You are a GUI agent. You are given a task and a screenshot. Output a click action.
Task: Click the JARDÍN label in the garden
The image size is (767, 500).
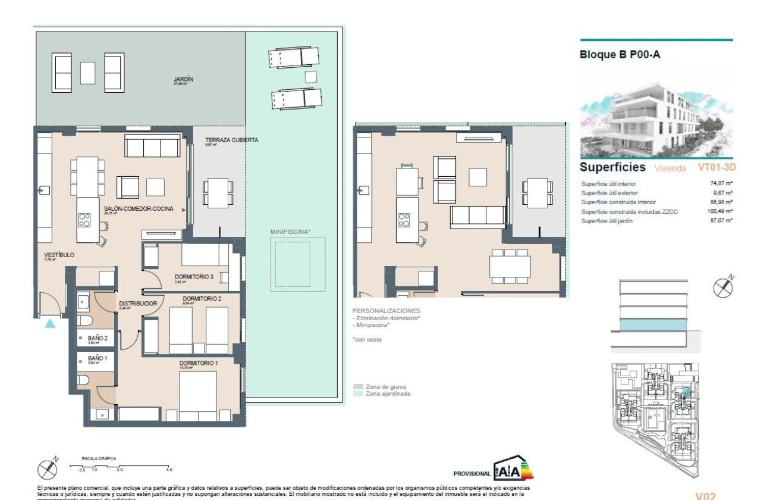point(184,79)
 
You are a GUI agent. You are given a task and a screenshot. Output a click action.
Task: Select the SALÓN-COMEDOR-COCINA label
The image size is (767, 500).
point(139,209)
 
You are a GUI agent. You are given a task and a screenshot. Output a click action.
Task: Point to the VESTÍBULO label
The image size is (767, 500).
point(59,255)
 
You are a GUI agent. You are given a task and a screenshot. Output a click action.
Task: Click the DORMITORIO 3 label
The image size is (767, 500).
point(194,276)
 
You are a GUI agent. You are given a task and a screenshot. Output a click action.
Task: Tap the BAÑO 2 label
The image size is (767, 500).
point(98,338)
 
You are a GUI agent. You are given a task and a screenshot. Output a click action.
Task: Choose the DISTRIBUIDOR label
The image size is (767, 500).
point(137,304)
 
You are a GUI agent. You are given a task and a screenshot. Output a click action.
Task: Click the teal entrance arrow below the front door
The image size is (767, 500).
point(50,323)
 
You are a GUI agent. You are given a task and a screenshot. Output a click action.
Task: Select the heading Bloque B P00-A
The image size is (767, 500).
point(620,55)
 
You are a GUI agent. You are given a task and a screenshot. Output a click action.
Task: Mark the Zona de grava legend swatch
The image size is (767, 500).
point(358,386)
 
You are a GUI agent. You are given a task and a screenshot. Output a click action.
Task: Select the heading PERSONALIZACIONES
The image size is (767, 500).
point(386,311)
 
